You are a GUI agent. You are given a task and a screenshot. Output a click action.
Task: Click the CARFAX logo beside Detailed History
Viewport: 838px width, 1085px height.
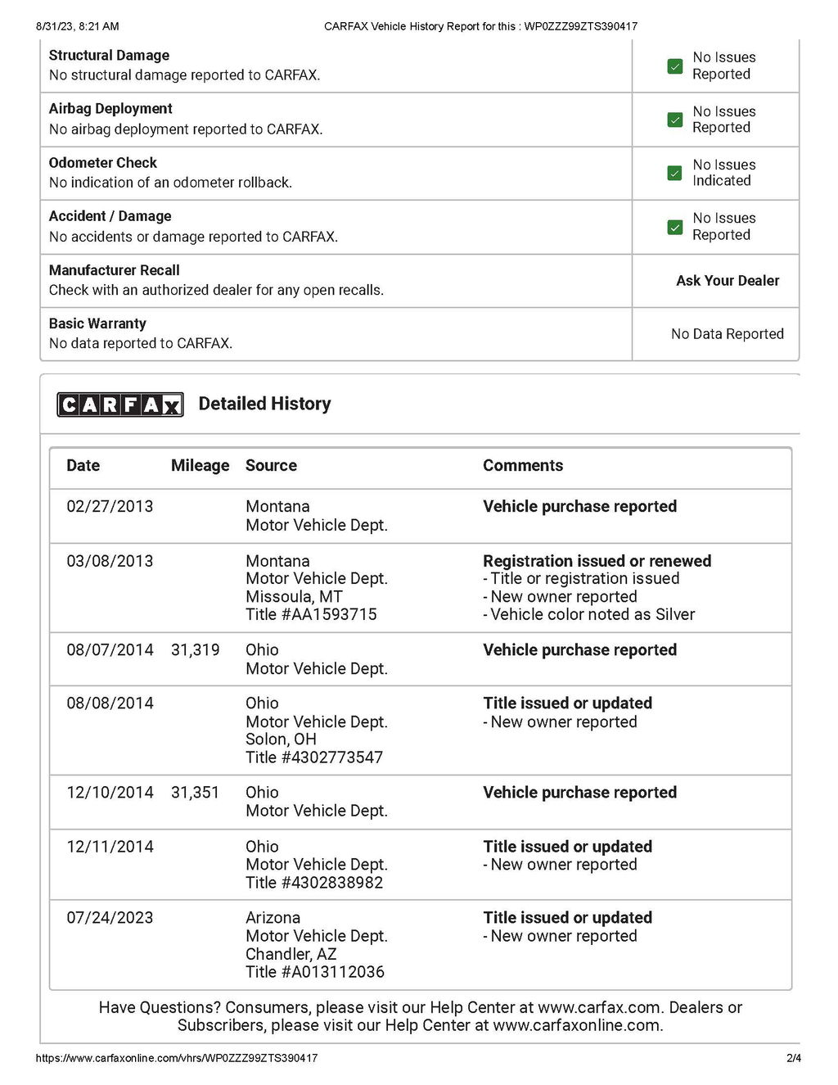(119, 405)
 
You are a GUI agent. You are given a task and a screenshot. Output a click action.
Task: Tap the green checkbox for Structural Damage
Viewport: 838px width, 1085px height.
(675, 66)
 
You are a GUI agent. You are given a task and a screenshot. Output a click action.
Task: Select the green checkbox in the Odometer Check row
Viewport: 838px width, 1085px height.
(675, 174)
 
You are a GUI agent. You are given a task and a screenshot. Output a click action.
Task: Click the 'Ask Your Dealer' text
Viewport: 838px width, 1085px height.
(728, 281)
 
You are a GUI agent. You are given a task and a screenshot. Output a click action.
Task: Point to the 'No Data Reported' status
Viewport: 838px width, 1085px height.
(727, 334)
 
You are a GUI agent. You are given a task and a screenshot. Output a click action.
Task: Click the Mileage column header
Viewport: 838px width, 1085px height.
(200, 466)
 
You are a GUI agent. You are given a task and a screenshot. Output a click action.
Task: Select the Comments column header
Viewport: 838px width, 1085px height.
(523, 466)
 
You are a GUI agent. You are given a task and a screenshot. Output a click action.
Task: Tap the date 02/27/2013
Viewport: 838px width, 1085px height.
(110, 507)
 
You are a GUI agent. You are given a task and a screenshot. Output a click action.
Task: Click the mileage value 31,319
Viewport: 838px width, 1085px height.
(195, 650)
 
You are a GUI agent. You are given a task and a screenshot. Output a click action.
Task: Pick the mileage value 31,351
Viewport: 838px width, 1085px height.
(195, 793)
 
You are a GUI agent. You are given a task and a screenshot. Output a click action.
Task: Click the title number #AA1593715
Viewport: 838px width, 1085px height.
(311, 615)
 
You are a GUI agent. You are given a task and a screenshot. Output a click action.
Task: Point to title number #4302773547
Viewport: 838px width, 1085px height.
(314, 757)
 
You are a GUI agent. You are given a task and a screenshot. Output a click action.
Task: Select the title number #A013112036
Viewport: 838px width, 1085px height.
(315, 972)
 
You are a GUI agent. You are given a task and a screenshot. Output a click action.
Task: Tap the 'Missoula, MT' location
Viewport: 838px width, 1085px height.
(294, 597)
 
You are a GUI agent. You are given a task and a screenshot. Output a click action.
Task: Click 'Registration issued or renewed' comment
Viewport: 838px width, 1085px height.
(597, 561)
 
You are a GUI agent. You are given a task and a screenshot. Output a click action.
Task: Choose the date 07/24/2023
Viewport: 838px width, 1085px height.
(110, 918)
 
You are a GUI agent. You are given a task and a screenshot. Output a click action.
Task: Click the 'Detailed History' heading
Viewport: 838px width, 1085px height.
(264, 404)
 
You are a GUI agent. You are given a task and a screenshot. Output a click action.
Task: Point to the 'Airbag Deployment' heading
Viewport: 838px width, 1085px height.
(110, 109)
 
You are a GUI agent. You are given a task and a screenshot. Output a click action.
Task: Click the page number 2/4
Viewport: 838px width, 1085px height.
(793, 1058)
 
